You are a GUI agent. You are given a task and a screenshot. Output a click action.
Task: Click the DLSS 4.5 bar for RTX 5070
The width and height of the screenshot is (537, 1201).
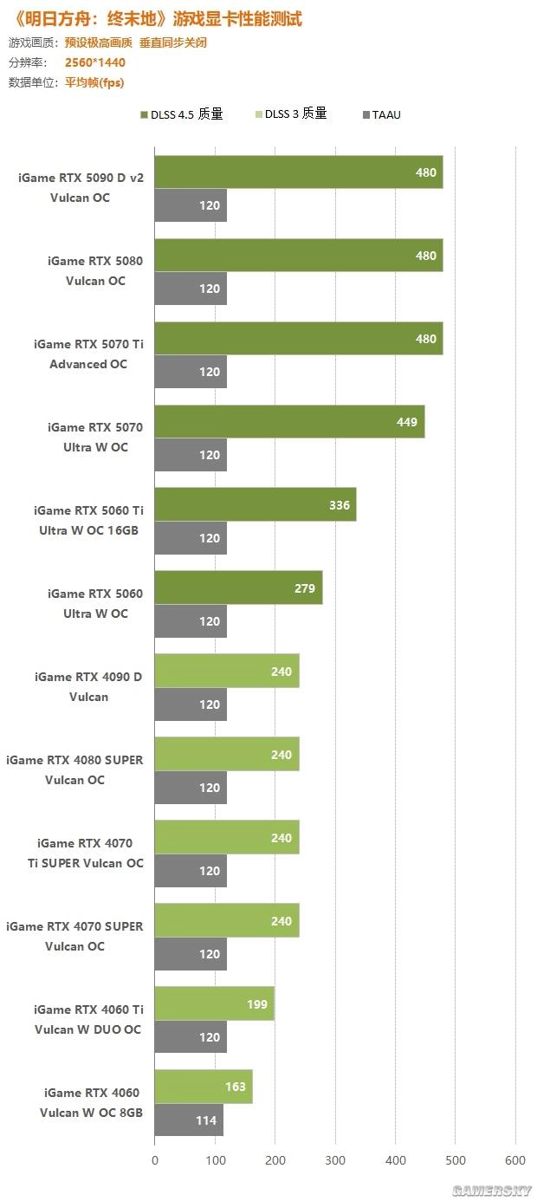[x=289, y=422]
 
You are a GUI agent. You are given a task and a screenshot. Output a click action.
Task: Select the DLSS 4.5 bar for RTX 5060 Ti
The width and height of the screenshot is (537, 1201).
[x=256, y=505]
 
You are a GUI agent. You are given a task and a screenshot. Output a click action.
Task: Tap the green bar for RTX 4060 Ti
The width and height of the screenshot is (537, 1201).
[x=214, y=1004]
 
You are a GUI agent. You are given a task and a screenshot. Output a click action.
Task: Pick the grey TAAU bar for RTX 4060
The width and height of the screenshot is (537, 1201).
[x=188, y=1120]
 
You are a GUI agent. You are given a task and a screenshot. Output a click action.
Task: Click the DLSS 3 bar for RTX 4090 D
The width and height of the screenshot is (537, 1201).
[x=227, y=672]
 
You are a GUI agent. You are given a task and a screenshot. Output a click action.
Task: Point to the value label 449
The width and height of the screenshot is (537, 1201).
[x=407, y=422]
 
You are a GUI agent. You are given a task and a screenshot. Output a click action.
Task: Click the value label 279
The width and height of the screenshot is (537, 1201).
[x=306, y=588]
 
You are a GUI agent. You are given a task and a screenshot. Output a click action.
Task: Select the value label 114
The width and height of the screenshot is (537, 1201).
[x=206, y=1120]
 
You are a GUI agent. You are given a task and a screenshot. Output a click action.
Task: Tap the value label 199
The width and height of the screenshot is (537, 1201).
[x=257, y=1004]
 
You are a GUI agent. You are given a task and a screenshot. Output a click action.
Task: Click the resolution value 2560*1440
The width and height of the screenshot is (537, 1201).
[x=94, y=62]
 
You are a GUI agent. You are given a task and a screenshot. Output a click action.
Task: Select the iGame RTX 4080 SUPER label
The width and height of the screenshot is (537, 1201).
[x=74, y=769]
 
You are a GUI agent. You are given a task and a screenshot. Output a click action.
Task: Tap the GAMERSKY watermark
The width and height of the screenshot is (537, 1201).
[x=496, y=1190]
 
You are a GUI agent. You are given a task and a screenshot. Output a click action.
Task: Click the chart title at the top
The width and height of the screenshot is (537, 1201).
[x=156, y=18]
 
